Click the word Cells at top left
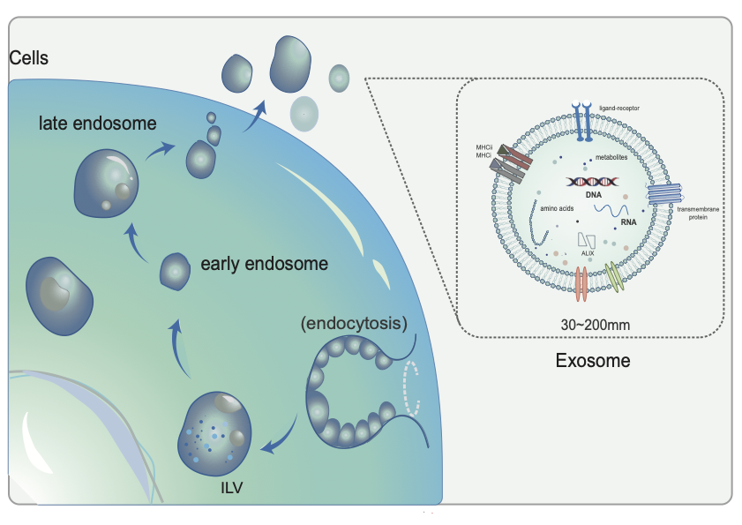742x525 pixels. pos(28,58)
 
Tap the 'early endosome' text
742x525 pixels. pos(251,263)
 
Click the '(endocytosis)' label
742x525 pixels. pos(353,323)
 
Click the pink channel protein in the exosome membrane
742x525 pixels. pos(581,284)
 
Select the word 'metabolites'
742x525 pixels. pos(604,156)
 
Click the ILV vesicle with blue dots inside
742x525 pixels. pos(213,431)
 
